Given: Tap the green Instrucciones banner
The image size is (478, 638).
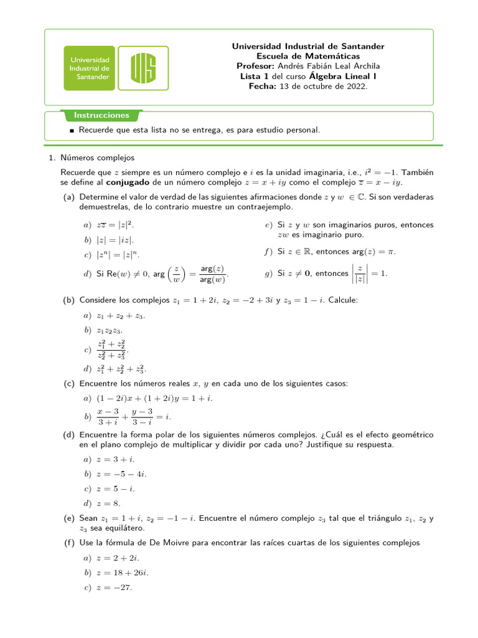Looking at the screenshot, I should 101,115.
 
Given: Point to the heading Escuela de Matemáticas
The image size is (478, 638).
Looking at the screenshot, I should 308,56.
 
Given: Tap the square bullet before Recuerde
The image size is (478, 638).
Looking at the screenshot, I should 72,131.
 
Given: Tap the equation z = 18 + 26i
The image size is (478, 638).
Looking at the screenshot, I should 122,573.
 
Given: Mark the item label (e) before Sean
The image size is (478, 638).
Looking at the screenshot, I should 68,518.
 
